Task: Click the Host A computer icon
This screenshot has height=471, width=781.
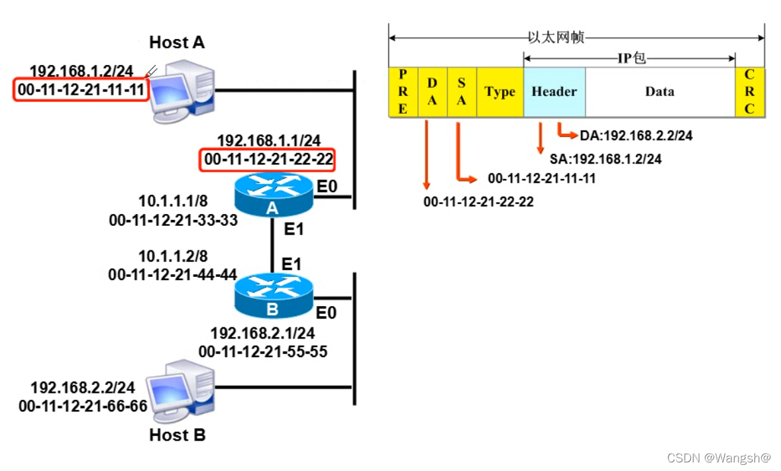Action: (x=181, y=91)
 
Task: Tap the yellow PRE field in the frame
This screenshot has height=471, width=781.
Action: (x=403, y=92)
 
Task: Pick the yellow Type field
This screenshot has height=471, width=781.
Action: (x=499, y=92)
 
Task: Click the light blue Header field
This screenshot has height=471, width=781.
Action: (x=554, y=92)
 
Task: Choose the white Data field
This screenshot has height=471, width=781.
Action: (x=660, y=92)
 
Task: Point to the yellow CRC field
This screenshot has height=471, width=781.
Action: (x=749, y=92)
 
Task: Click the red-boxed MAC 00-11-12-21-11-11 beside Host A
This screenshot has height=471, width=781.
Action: (x=79, y=89)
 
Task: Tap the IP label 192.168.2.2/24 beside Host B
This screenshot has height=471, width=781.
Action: (x=82, y=387)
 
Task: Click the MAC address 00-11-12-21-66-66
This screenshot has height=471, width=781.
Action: (x=83, y=405)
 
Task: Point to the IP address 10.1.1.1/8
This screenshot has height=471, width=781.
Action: (x=174, y=201)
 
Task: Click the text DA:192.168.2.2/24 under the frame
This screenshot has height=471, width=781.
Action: (x=636, y=136)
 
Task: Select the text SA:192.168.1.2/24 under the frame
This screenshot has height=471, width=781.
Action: (x=605, y=159)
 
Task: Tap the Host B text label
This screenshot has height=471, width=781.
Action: (x=177, y=435)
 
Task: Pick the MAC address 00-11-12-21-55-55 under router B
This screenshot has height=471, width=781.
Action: (x=262, y=352)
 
